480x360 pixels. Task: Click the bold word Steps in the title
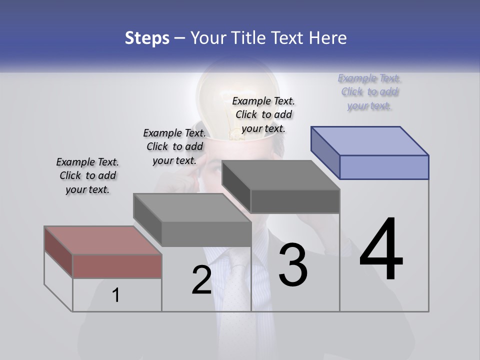tap(147, 37)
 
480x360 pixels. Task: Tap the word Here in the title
tap(328, 37)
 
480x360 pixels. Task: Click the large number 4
tap(381, 250)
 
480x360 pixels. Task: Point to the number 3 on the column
tap(293, 265)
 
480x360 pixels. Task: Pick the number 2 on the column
tap(201, 280)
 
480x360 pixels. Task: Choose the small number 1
tap(116, 295)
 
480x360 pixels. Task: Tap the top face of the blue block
tap(370, 140)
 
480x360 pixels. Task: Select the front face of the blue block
tap(384, 167)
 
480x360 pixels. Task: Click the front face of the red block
tap(117, 266)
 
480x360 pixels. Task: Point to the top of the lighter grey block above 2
tap(192, 207)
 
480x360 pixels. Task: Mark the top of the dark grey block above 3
tap(281, 175)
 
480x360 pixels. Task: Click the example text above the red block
tap(87, 175)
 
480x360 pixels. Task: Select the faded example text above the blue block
tap(369, 91)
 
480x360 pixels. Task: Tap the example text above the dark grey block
tap(263, 114)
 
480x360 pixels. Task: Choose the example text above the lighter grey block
tap(174, 146)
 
